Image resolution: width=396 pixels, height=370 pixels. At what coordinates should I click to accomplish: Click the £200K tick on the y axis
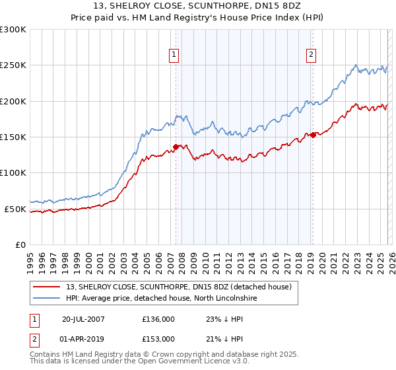(13, 101)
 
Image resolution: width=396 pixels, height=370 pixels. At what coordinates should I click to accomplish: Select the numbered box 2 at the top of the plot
(311, 55)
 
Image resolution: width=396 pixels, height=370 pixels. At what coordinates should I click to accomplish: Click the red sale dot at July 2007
(176, 147)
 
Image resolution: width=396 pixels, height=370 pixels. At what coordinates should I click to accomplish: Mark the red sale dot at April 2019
(312, 135)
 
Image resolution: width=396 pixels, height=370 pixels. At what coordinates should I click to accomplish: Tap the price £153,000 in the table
(158, 338)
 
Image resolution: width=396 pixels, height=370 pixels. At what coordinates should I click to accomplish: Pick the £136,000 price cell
(158, 318)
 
